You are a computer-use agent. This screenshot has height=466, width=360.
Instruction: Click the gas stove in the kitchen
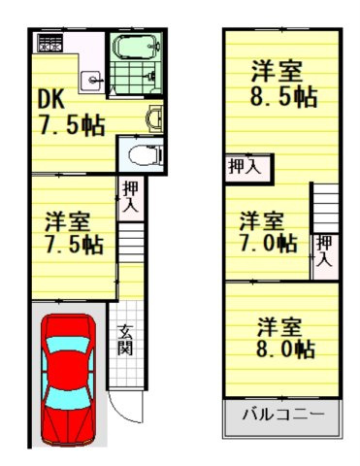[47, 44]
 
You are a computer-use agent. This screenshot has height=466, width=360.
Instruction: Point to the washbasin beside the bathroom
[152, 118]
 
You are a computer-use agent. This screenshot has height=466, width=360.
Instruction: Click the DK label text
[49, 99]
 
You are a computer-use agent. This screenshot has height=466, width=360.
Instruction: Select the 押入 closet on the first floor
[130, 198]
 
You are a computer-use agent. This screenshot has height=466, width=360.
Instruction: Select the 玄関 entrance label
[126, 340]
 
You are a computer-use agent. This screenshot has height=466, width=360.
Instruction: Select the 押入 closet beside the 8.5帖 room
[244, 167]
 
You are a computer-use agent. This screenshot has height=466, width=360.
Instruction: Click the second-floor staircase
[326, 208]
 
